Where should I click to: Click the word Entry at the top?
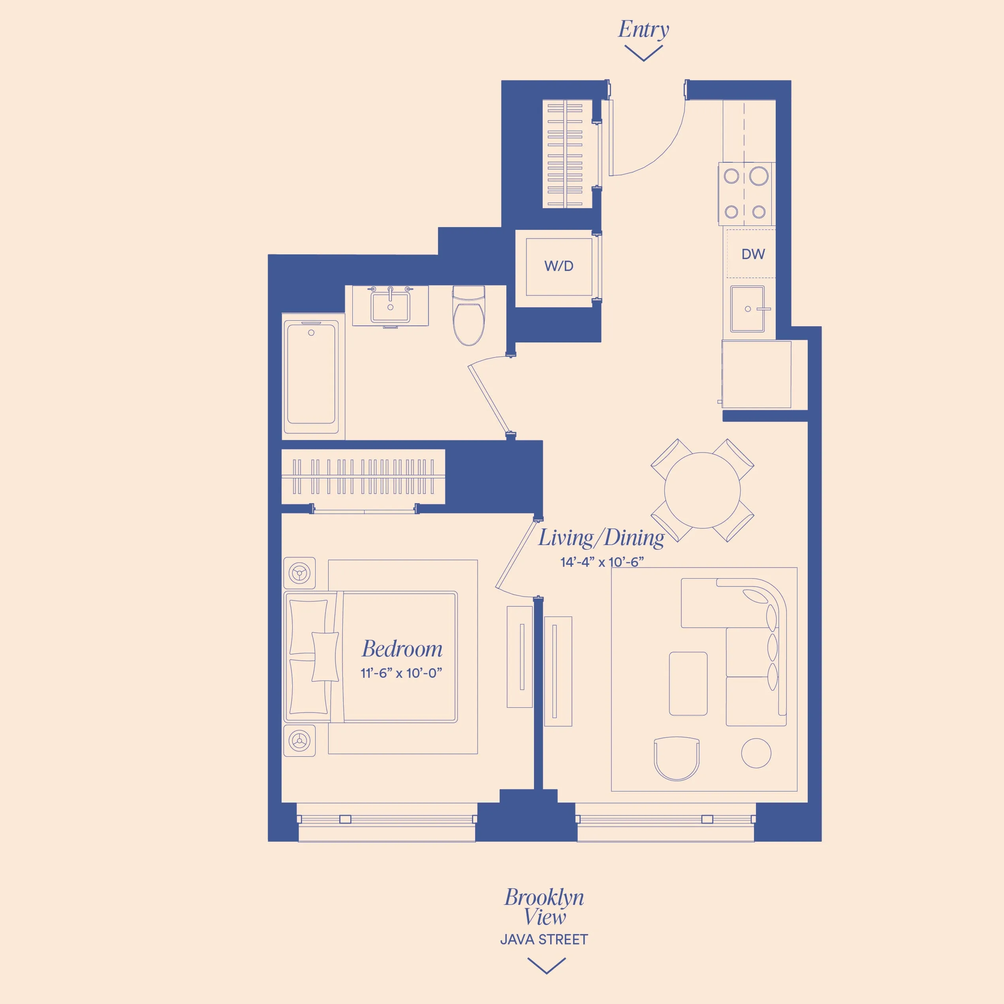pyautogui.click(x=643, y=30)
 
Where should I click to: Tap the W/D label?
pyautogui.click(x=558, y=267)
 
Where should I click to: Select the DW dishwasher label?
pyautogui.click(x=753, y=254)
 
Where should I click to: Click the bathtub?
pyautogui.click(x=311, y=373)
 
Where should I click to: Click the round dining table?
pyautogui.click(x=702, y=490)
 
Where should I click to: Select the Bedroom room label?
pyautogui.click(x=402, y=649)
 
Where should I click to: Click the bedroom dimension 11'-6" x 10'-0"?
pyautogui.click(x=401, y=673)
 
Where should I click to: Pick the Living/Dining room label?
pyautogui.click(x=601, y=538)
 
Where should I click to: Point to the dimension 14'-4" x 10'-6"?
pyautogui.click(x=602, y=562)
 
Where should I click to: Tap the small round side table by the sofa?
pyautogui.click(x=756, y=753)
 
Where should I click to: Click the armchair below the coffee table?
pyautogui.click(x=677, y=758)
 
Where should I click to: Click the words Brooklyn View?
pyautogui.click(x=544, y=907)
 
